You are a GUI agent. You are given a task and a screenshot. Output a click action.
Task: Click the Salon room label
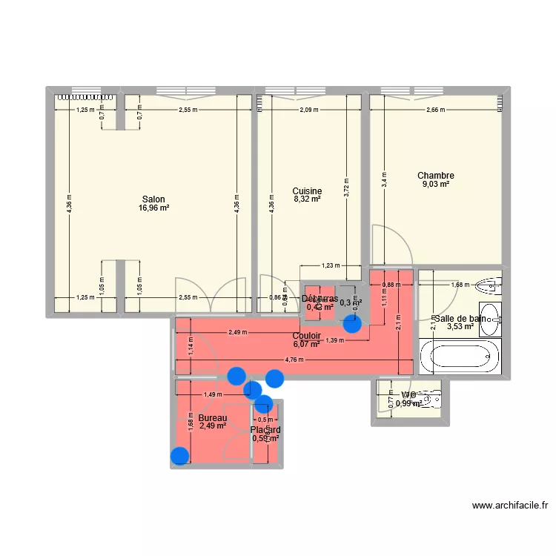[153, 199]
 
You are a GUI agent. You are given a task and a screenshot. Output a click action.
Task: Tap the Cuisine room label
[306, 190]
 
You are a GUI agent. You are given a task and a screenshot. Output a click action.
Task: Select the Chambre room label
[436, 176]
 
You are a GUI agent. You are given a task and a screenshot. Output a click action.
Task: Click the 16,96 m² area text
[153, 208]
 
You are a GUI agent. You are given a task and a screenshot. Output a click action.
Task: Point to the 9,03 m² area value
[436, 185]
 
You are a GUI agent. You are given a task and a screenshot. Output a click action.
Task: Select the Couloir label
[306, 335]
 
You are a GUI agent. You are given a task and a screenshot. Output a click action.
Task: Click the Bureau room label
[202, 419]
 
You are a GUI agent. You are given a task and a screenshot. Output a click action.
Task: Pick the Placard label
[265, 430]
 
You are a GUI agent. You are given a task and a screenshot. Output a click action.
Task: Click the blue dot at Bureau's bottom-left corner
[179, 457]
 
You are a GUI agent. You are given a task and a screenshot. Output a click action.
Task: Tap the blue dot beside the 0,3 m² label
[352, 322]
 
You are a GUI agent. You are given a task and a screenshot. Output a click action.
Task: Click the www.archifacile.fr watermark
[511, 507]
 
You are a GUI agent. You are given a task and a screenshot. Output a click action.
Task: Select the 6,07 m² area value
[306, 344]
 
